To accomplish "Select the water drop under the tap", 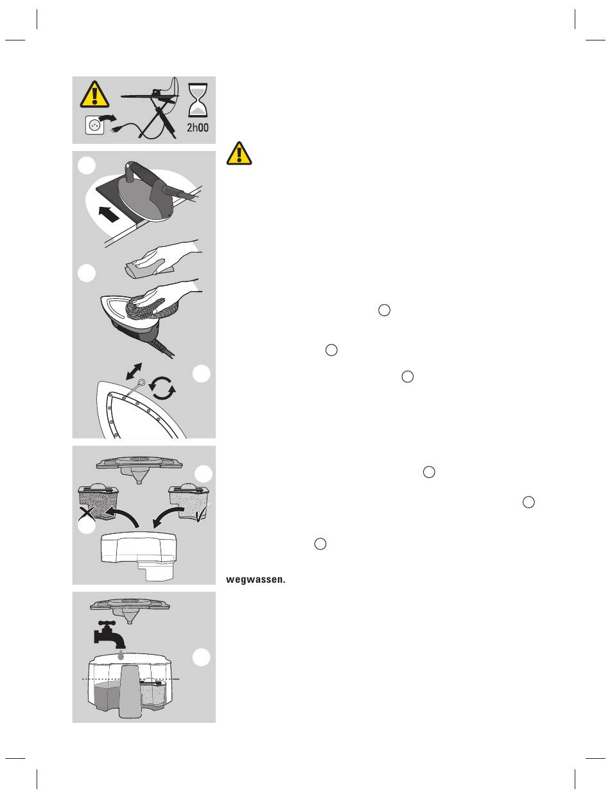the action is click(x=120, y=654).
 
